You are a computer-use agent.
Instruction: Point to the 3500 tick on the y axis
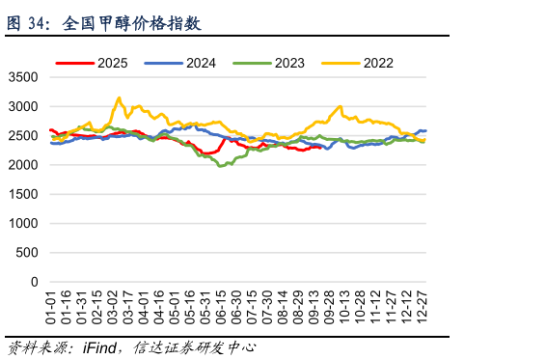25,77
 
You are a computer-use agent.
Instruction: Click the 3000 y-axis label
25,106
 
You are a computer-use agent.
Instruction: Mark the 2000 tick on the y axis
25,165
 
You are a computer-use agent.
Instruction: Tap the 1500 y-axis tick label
25,194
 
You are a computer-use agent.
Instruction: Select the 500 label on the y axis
29,253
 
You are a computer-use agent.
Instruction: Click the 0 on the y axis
36,282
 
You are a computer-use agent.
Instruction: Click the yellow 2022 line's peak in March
119,97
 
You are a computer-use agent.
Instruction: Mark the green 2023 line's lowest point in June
221,166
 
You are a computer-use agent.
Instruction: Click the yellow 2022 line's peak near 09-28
339,106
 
